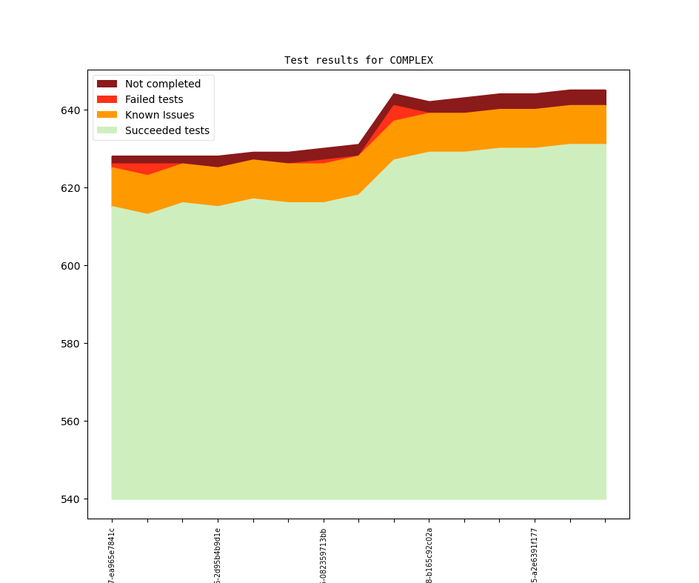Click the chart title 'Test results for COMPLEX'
pyautogui.click(x=358, y=60)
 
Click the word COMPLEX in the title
pyautogui.click(x=411, y=60)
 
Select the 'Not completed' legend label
pyautogui.click(x=162, y=84)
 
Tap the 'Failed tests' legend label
pyautogui.click(x=154, y=99)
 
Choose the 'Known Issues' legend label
pyautogui.click(x=159, y=115)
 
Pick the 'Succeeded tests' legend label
pyautogui.click(x=167, y=130)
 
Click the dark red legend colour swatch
pyautogui.click(x=107, y=84)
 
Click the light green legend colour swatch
pyautogui.click(x=107, y=130)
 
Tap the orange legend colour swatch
pyautogui.click(x=107, y=115)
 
